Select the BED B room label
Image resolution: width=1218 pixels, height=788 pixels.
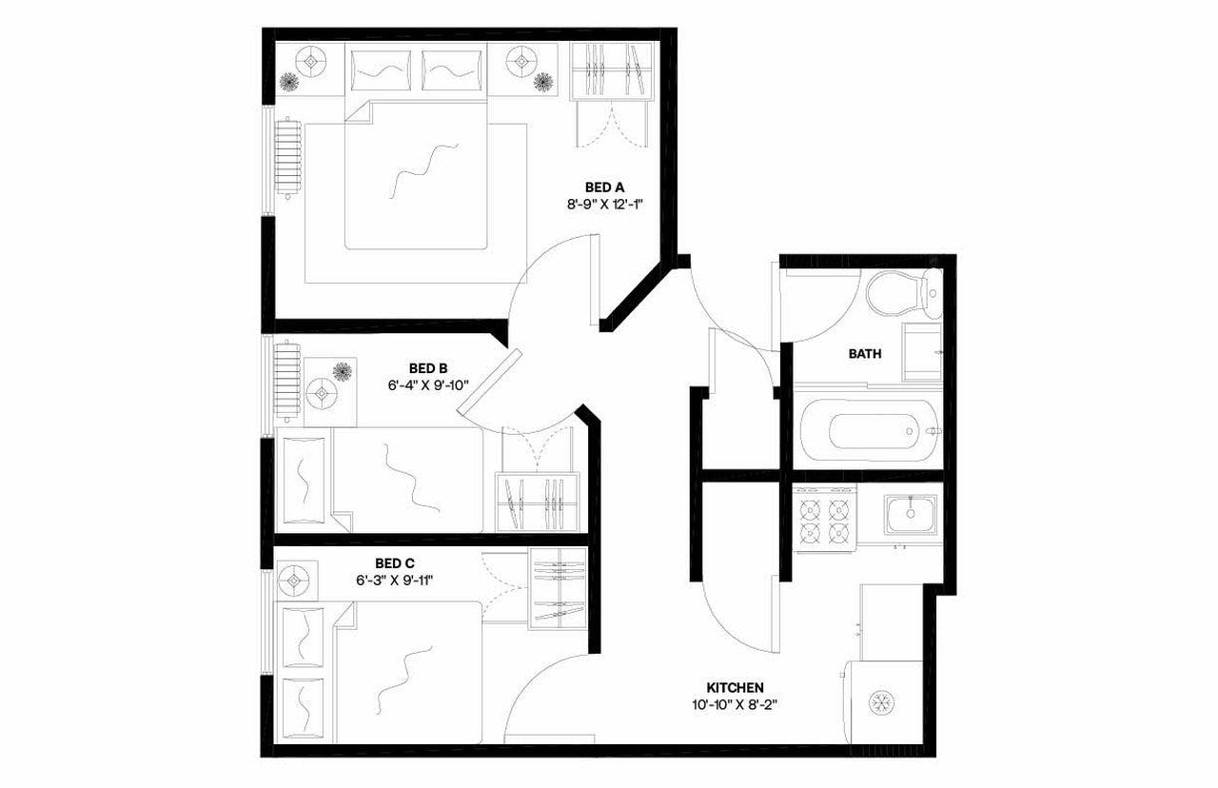428,367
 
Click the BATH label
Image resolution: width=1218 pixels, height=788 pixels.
864,354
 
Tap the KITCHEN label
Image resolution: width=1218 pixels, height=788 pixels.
735,687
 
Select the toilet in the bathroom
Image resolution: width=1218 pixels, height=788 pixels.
899,292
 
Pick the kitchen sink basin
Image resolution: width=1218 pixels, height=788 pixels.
910,515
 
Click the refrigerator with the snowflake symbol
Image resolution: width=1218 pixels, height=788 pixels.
881,701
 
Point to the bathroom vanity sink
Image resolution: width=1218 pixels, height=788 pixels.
921,351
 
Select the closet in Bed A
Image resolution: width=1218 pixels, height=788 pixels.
610,72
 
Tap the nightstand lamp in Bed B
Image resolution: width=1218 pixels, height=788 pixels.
322,391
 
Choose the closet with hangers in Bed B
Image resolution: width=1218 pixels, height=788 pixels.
538,502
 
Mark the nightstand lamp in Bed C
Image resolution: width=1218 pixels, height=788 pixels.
294,579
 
